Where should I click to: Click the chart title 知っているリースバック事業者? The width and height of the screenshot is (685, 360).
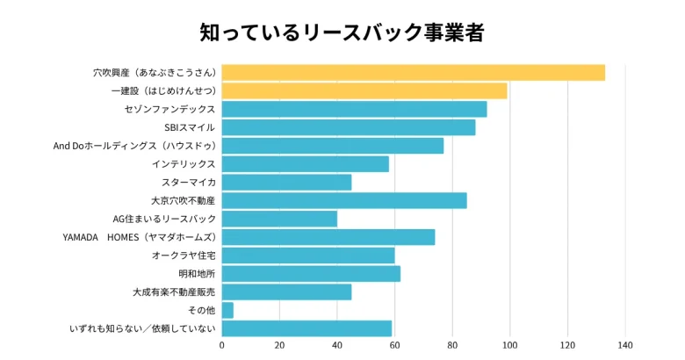tap(342, 32)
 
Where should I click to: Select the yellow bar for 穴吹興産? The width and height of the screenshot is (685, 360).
tap(413, 73)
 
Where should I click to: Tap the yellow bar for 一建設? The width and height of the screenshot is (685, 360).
tap(364, 91)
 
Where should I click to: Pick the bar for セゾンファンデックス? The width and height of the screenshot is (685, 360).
tap(354, 109)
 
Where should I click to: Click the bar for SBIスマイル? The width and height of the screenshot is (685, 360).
tap(348, 127)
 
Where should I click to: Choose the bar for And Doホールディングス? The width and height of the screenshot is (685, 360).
tap(332, 146)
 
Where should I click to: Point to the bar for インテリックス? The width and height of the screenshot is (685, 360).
tap(305, 164)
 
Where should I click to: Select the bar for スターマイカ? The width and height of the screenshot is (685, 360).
tap(286, 182)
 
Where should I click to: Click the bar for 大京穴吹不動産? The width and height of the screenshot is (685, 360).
tap(343, 200)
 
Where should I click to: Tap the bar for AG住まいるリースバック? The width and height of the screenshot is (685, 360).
tap(279, 219)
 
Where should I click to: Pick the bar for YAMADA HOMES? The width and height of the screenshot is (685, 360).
tap(328, 237)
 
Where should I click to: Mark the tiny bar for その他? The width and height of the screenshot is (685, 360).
tap(227, 310)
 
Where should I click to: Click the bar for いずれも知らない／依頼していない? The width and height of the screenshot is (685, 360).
tap(306, 328)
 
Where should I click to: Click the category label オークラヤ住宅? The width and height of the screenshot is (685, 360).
tap(184, 256)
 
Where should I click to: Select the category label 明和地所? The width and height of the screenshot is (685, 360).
tap(197, 274)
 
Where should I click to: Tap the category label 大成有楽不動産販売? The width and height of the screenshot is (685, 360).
tap(174, 292)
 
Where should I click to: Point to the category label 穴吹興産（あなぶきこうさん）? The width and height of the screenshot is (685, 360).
tap(155, 73)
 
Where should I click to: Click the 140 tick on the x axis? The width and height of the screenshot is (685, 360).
tap(625, 346)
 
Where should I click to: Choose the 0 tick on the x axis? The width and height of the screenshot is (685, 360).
tap(221, 346)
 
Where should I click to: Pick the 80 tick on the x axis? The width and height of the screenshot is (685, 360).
tap(452, 346)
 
